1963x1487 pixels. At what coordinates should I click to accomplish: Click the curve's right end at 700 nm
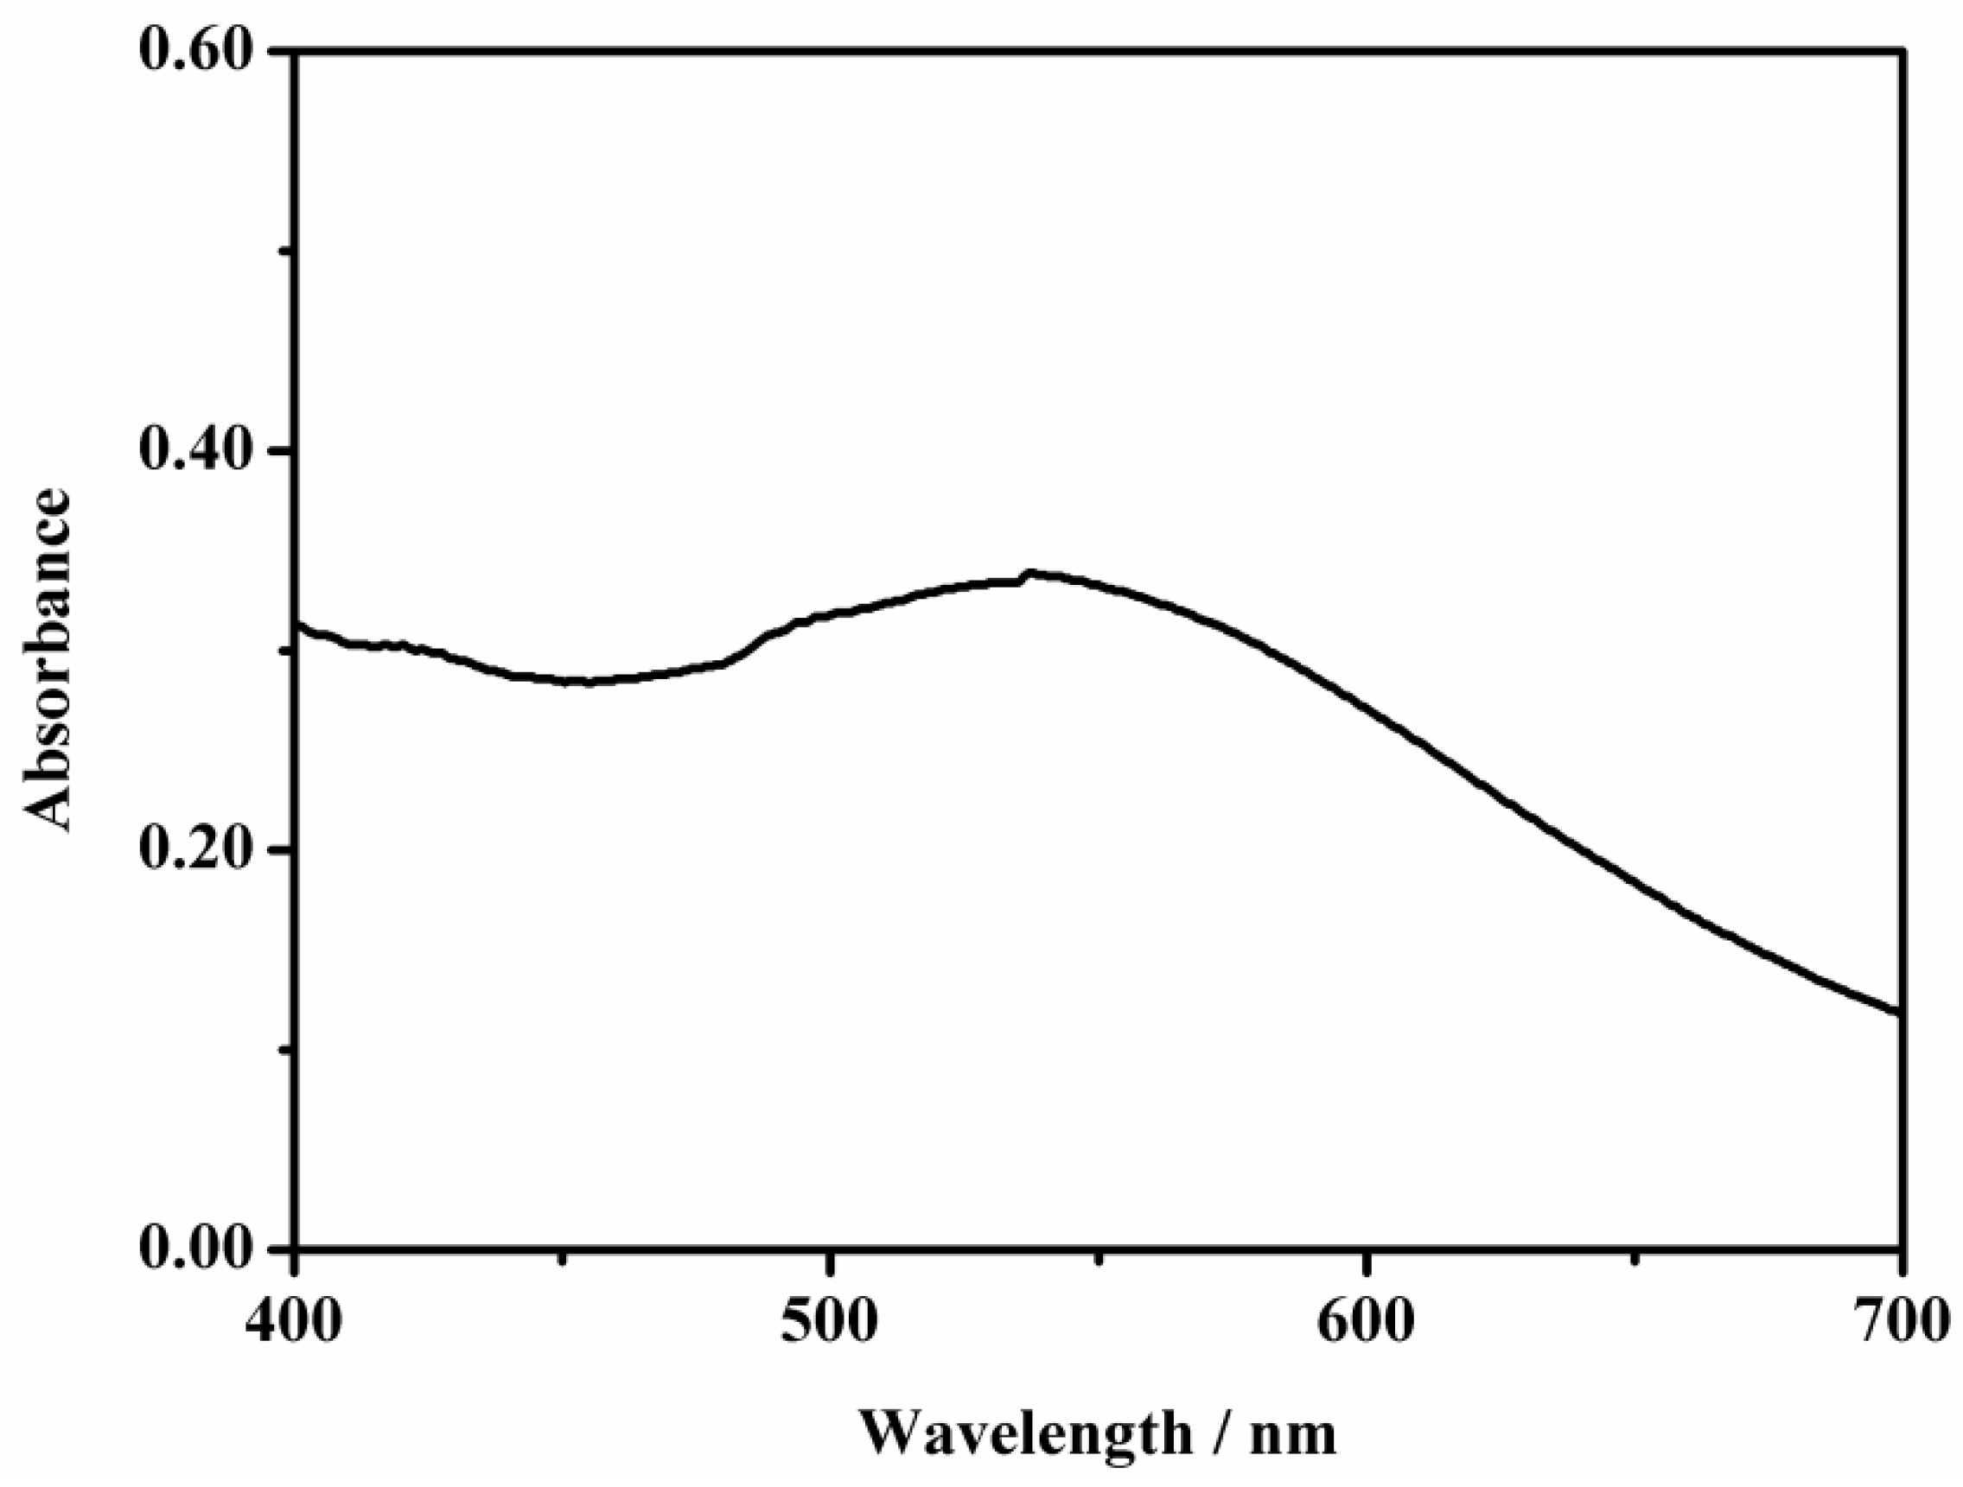click(1898, 1013)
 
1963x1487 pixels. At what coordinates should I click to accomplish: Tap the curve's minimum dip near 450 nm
click(581, 682)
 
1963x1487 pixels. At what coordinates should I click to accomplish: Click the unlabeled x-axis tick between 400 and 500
click(563, 1257)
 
